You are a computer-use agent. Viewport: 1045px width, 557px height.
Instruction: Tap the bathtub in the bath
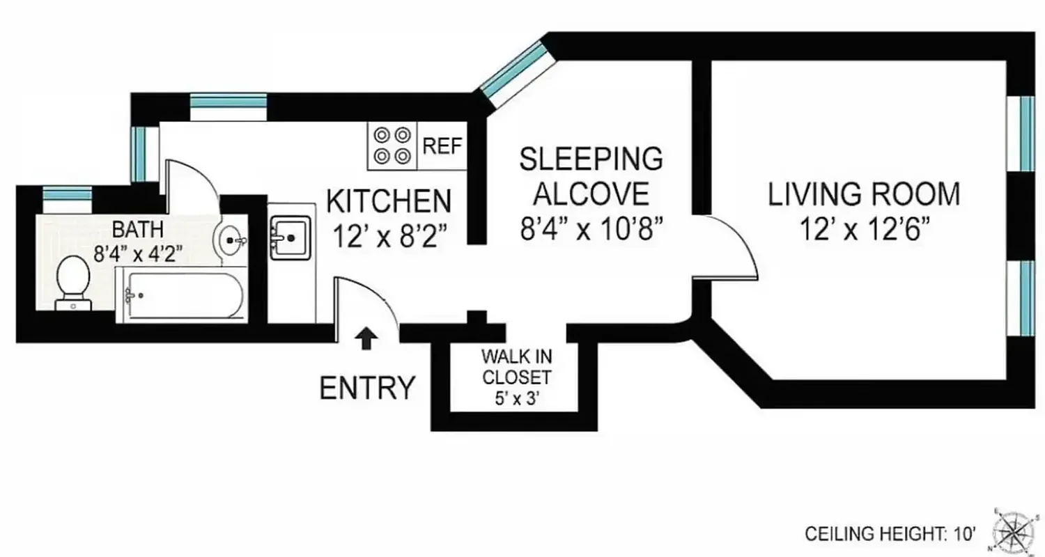pos(180,296)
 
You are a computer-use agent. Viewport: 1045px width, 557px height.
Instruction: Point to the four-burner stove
pos(392,146)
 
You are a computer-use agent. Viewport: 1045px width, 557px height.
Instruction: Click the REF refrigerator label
pos(442,146)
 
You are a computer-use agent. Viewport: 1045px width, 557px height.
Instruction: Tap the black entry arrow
pos(366,338)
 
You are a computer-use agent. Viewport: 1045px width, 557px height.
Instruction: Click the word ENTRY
pos(367,388)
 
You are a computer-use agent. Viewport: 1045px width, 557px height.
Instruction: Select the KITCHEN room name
pos(389,202)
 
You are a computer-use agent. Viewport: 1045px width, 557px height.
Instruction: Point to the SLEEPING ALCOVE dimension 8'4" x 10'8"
pos(591,228)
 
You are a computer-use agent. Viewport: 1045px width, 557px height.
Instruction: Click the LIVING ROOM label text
pos(863,194)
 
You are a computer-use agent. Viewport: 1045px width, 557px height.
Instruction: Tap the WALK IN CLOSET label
pos(516,367)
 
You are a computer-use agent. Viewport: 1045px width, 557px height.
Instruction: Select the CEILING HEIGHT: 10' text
pos(890,534)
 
